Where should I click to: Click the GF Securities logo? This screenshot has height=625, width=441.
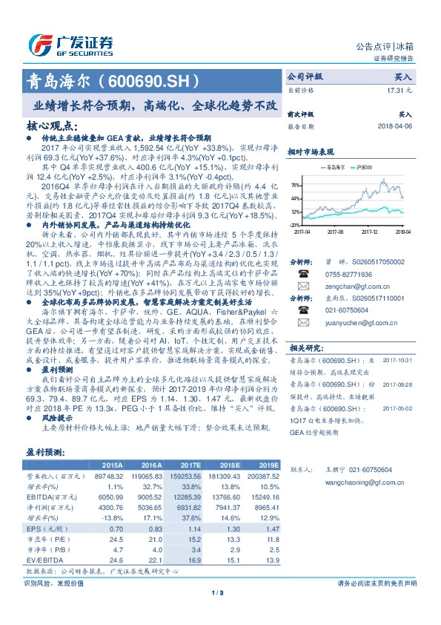tap(70, 43)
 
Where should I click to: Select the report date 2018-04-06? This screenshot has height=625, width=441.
tap(394, 126)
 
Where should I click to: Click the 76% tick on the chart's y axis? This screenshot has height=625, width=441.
tap(295, 185)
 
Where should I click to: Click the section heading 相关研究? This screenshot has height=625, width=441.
tap(303, 368)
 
